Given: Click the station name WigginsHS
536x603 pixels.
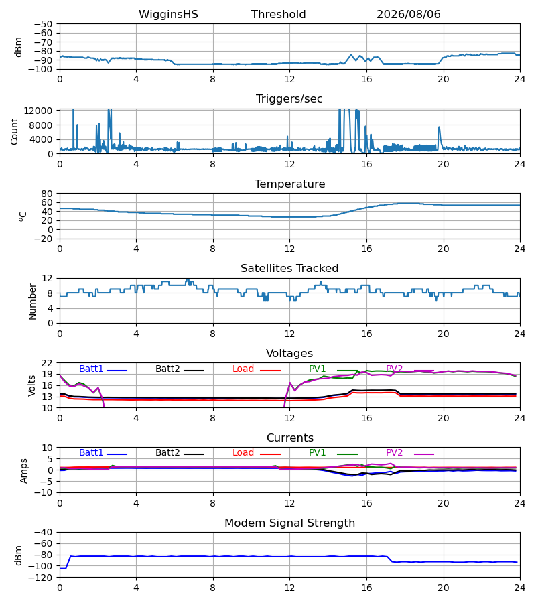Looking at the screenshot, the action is click(x=168, y=15).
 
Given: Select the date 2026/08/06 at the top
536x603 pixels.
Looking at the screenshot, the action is click(x=408, y=15).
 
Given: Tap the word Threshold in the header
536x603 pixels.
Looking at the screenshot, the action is click(x=278, y=15).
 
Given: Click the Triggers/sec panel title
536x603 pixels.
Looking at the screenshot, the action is click(x=289, y=99).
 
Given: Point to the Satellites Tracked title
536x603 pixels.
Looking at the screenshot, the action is click(x=289, y=269).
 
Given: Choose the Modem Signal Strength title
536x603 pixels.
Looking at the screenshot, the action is click(x=289, y=523).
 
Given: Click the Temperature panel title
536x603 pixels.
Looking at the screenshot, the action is click(x=289, y=184).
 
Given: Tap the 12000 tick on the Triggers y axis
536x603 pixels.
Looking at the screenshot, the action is click(x=38, y=111).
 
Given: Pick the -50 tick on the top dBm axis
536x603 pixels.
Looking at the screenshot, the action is click(x=43, y=24).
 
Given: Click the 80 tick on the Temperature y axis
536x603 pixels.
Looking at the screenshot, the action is click(x=46, y=194).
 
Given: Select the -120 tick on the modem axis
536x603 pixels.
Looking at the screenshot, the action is click(x=40, y=578).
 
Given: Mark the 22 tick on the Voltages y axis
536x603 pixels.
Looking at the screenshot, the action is click(x=46, y=363).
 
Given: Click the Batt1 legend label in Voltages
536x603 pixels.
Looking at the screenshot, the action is click(x=91, y=368).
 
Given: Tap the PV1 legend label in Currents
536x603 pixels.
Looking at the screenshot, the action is click(x=317, y=453).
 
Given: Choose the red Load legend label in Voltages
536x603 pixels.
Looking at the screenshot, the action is click(x=243, y=368).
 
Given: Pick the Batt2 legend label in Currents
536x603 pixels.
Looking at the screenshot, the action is click(x=167, y=453).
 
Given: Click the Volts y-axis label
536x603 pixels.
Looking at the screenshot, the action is click(x=32, y=385).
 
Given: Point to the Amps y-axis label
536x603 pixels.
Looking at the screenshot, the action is click(x=24, y=471).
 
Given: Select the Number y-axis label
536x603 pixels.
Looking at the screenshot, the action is click(x=32, y=302).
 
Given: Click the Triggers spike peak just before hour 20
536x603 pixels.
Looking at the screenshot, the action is click(x=439, y=127).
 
